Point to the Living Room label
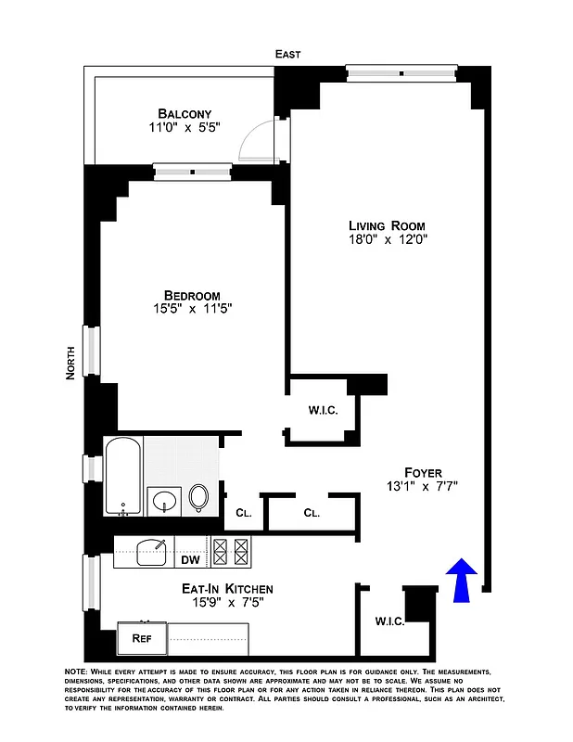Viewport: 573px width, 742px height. [387, 225]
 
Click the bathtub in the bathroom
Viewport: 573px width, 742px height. [122, 477]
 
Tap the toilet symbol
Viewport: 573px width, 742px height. [199, 498]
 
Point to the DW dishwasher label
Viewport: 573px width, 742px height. [190, 559]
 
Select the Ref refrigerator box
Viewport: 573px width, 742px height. [141, 638]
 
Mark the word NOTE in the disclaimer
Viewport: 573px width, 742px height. [74, 671]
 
